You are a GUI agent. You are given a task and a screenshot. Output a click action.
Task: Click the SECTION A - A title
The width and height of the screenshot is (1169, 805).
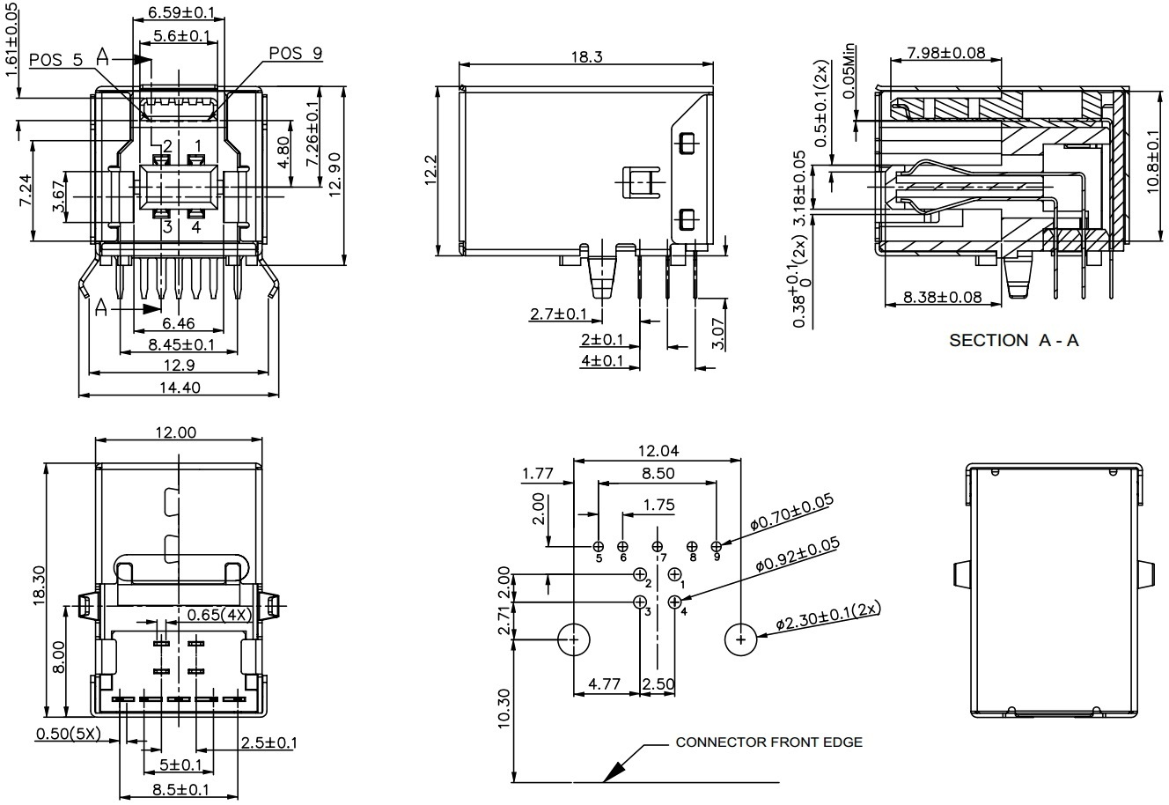pyautogui.click(x=1013, y=341)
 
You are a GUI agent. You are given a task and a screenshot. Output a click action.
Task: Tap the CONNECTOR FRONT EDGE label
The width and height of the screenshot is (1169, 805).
pyautogui.click(x=768, y=742)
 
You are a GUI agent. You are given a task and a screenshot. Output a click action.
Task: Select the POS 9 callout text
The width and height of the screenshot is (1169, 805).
pyautogui.click(x=295, y=54)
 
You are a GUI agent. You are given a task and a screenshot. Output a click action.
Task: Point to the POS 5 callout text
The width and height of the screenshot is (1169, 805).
pyautogui.click(x=55, y=60)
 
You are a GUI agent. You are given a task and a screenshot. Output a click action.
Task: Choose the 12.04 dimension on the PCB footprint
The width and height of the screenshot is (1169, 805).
pyautogui.click(x=657, y=451)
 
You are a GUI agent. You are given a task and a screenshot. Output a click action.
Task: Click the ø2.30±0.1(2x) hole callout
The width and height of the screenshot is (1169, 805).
pyautogui.click(x=828, y=617)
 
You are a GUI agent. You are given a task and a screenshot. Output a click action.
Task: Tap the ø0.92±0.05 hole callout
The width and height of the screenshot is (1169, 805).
pyautogui.click(x=798, y=555)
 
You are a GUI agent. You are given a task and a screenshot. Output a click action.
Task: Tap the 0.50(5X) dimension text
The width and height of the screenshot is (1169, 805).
pyautogui.click(x=68, y=734)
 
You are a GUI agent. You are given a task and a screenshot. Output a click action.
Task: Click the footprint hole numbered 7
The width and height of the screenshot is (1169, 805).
pyautogui.click(x=657, y=547)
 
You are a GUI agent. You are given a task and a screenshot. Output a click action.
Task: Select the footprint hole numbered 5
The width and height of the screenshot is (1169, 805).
pyautogui.click(x=599, y=547)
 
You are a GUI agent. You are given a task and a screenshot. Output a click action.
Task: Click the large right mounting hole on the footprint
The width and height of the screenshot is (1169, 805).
pyautogui.click(x=740, y=639)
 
